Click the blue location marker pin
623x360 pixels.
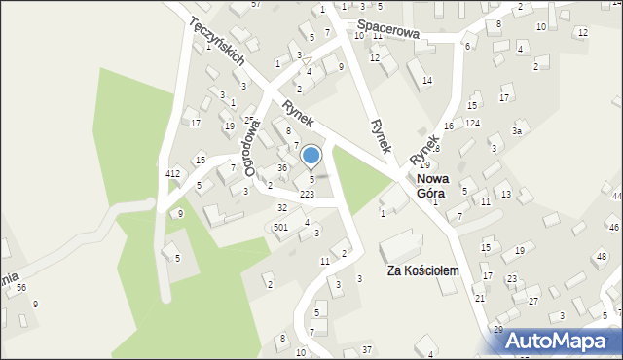pyautogui.click(x=311, y=156)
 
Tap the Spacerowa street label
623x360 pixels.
pyautogui.click(x=387, y=31)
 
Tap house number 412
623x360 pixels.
pyautogui.click(x=172, y=173)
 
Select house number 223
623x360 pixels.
pyautogui.click(x=307, y=195)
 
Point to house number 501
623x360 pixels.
pyautogui.click(x=280, y=227)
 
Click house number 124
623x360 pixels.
pyautogui.click(x=472, y=123)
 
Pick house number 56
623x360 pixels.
pyautogui.click(x=20, y=287)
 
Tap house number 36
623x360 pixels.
pyautogui.click(x=281, y=167)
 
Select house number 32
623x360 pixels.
pyautogui.click(x=282, y=207)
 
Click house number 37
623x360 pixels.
pyautogui.click(x=366, y=348)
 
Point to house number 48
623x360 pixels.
pyautogui.click(x=600, y=256)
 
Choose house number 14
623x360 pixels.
pyautogui.click(x=427, y=80)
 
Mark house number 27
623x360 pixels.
pyautogui.click(x=532, y=301)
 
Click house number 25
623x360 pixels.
pyautogui.click(x=248, y=120)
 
